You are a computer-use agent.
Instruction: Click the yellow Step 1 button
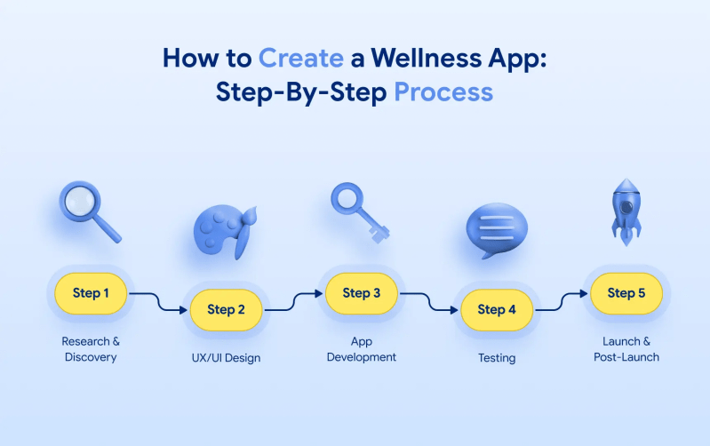click(x=92, y=293)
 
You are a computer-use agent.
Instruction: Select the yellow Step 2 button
click(x=226, y=310)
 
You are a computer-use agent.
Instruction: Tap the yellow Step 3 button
click(x=362, y=293)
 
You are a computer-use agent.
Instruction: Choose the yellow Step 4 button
click(x=497, y=310)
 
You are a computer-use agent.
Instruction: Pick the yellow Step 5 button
click(x=632, y=293)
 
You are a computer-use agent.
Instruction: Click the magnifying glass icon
click(x=87, y=211)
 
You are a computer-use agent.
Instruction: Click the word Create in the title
click(x=300, y=59)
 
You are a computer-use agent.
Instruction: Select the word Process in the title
click(x=443, y=92)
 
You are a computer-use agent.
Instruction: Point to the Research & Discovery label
click(x=91, y=349)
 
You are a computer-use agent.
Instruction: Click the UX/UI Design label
click(x=226, y=358)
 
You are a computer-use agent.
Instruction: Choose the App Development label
click(x=362, y=349)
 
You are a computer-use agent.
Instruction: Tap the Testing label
click(x=497, y=358)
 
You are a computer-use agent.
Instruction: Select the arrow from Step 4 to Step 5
click(x=562, y=301)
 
